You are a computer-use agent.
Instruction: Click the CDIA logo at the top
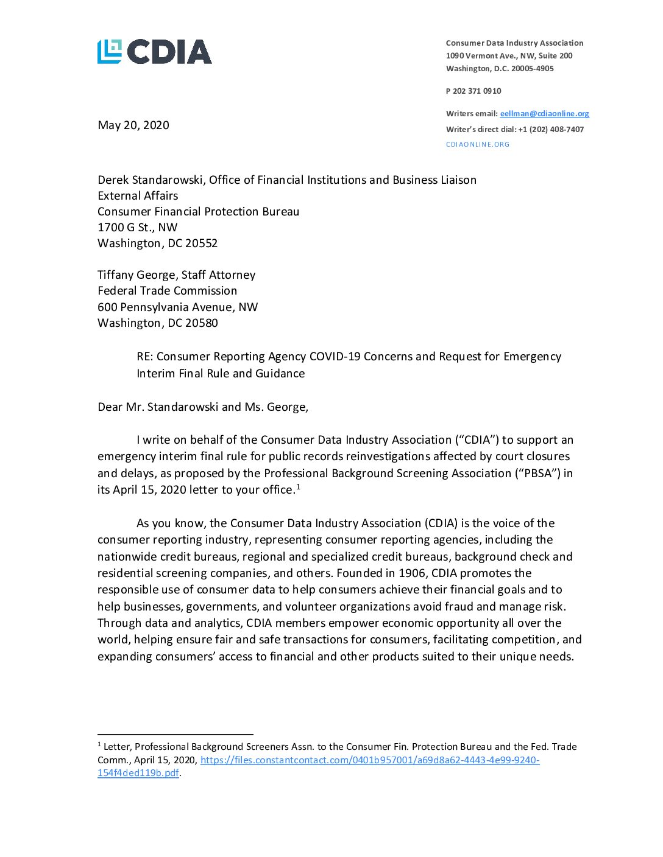click(155, 52)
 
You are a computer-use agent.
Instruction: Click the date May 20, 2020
click(133, 125)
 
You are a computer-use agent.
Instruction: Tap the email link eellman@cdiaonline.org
click(544, 114)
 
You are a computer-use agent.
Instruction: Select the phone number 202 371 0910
click(477, 91)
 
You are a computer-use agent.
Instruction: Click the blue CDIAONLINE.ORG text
click(478, 145)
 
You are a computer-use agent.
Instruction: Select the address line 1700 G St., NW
click(138, 228)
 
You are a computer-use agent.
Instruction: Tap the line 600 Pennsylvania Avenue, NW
click(177, 307)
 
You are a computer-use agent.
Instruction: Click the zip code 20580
click(201, 323)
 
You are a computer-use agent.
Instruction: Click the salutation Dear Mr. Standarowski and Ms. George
click(203, 407)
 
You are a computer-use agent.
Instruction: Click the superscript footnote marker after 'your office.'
click(298, 487)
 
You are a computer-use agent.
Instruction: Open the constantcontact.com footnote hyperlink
click(369, 760)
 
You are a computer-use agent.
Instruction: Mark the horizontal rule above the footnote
click(175, 735)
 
